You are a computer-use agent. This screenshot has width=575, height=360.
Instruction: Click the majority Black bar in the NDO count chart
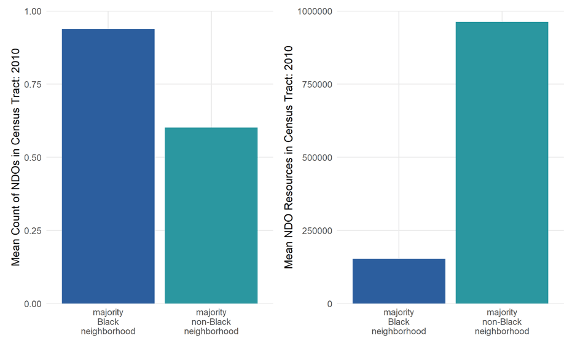coord(108,166)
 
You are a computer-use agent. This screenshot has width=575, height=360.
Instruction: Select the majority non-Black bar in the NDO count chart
coord(211,215)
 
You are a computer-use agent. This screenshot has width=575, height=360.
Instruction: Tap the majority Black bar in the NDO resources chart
coord(399,281)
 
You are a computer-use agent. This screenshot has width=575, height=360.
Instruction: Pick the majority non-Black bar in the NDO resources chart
coord(502,162)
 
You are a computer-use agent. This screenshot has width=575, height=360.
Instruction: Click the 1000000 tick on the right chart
coord(315,11)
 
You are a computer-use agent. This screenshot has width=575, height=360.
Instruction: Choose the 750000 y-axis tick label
coord(317,84)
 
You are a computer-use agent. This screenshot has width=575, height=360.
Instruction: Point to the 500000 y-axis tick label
coord(317,157)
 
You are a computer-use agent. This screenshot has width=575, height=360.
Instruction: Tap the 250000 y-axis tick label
coord(317,230)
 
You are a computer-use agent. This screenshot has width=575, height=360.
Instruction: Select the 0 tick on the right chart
coord(330,303)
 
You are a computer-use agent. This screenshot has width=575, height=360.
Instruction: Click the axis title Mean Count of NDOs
coord(17,157)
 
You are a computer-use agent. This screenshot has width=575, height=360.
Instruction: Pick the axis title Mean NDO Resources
coord(289,157)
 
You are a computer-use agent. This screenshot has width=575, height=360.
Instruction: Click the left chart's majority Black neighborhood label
coord(108,322)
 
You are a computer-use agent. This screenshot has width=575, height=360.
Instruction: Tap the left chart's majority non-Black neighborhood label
coord(211,322)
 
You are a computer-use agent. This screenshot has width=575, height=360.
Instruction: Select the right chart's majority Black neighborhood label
coord(399,322)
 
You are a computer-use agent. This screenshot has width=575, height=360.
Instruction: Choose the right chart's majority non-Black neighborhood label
coord(502,322)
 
